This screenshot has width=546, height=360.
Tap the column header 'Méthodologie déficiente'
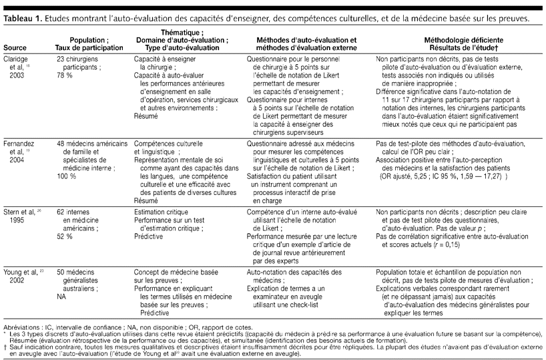pos(451,39)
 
